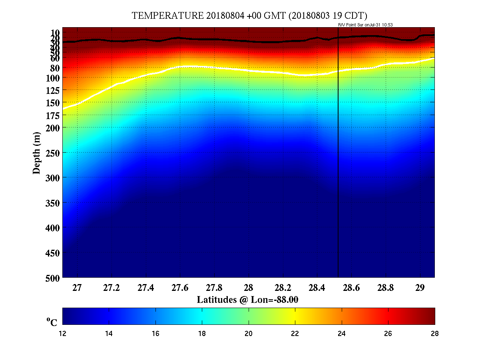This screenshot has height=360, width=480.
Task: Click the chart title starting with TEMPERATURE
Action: point(249,16)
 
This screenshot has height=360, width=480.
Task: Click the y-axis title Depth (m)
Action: point(37,153)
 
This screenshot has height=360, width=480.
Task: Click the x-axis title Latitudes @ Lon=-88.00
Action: point(247,300)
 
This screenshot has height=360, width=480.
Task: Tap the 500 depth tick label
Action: point(53,278)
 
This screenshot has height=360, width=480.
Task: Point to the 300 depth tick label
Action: point(53,177)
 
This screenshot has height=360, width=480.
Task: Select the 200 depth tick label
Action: point(53,127)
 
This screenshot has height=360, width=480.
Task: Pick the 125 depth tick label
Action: point(53,91)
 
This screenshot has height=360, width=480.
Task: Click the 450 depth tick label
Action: point(53,253)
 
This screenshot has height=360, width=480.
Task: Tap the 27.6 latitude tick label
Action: point(180,288)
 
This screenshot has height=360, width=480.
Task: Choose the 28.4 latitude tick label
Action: point(317,288)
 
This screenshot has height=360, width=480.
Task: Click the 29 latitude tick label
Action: point(420,288)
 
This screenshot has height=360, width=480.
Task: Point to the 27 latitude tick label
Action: point(77,288)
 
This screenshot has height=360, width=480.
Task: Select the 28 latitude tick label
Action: point(248,288)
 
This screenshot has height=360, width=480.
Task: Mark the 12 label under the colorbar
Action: point(63,334)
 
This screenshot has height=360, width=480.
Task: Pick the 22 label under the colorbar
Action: point(295,334)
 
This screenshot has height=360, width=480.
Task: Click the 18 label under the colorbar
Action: point(202,334)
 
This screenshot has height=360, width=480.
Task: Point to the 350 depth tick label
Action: point(53,203)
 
